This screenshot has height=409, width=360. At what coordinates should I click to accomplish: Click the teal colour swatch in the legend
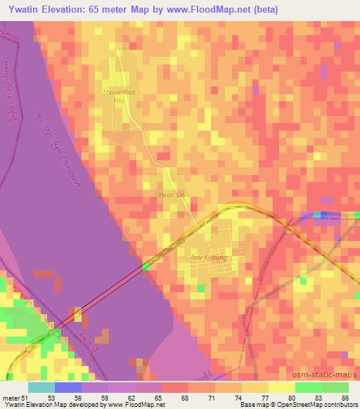[41, 387]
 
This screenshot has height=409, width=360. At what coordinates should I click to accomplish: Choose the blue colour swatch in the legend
[68, 387]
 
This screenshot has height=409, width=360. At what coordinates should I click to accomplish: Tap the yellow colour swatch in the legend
[281, 387]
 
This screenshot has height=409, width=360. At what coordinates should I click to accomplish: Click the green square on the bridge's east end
[146, 266]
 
